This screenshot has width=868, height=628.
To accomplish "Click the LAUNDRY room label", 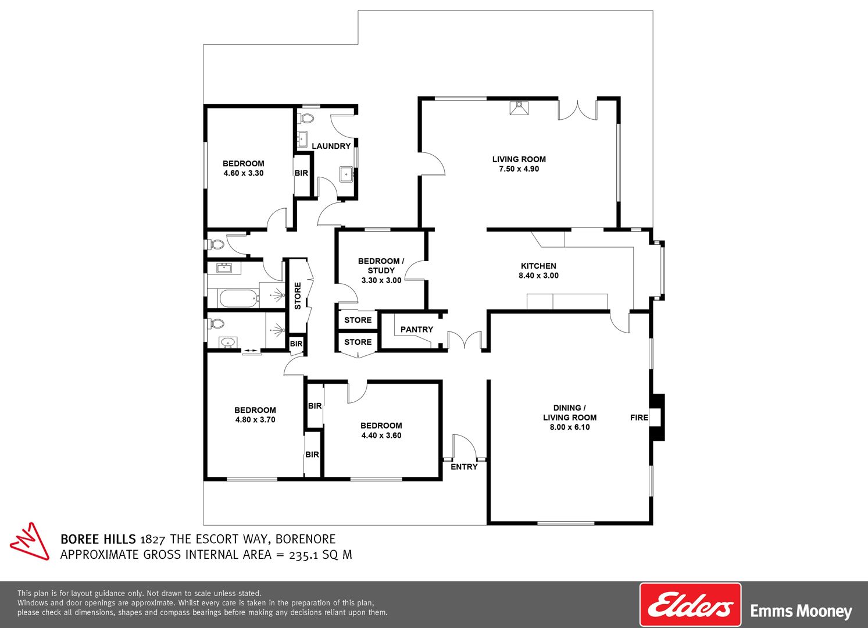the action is coord(331,146).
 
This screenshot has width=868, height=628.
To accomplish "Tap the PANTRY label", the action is coord(417,330).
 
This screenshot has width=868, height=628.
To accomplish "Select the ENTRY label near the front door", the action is coord(464,467).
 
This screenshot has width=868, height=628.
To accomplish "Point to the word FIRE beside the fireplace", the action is coord(639,418).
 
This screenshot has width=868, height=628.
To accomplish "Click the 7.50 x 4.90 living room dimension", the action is coord(519,169).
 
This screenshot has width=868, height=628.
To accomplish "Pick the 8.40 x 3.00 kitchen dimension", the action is coord(538,276).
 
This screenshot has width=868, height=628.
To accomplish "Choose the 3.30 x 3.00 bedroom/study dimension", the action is coord(381,280).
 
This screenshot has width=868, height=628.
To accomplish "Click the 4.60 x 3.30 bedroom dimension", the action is coord(244,173).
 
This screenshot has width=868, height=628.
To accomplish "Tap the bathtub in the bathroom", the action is coord(239,298).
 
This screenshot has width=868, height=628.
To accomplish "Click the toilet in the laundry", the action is coord(306,118).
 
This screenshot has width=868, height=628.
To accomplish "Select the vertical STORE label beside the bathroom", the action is coord(298,296).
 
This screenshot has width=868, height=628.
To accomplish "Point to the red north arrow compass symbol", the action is coord(30,541).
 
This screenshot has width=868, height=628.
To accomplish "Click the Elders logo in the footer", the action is coord(690,605).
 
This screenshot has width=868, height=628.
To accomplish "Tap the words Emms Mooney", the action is coord(801,611).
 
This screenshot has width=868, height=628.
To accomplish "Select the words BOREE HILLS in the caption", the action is coord(98,539).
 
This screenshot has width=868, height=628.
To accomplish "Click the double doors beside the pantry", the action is coord(465,340).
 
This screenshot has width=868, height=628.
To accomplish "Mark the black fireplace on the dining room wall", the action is coord(658,417).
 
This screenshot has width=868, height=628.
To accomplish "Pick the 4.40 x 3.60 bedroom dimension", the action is coord(381,436).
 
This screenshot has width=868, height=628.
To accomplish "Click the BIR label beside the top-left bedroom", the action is coord(301,173).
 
